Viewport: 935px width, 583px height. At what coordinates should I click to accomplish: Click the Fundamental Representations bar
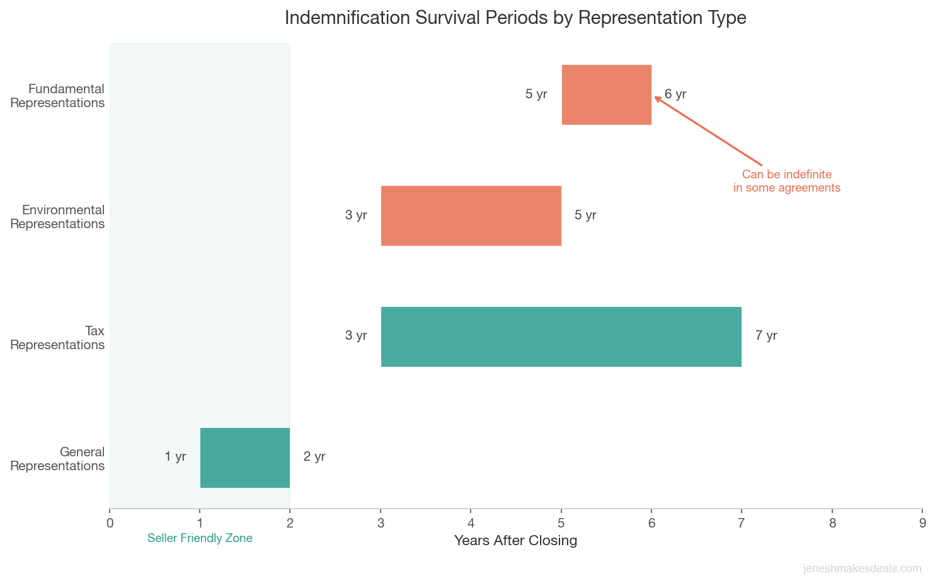[606, 95]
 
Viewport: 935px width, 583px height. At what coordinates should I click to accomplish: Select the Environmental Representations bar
[471, 216]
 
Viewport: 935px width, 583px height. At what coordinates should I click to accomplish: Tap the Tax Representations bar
[561, 337]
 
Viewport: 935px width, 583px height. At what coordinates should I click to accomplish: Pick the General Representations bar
[244, 458]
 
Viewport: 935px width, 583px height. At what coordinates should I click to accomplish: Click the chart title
[515, 18]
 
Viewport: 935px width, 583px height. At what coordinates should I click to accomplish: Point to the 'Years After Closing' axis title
[515, 541]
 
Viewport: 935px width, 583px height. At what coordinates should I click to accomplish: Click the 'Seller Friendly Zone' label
[200, 538]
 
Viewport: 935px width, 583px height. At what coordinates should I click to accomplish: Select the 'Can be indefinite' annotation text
[786, 181]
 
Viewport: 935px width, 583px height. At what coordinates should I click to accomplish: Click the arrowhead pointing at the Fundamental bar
[657, 98]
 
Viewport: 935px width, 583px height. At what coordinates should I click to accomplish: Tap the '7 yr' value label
[766, 336]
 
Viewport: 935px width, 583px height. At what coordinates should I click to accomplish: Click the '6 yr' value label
[675, 95]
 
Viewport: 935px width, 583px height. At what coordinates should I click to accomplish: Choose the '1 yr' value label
[175, 457]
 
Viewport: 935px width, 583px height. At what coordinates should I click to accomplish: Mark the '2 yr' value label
[314, 457]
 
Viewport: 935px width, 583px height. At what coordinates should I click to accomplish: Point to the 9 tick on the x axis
[922, 522]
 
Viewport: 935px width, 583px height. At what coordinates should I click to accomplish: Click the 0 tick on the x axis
[110, 522]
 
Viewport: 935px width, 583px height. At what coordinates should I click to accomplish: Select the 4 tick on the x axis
[471, 522]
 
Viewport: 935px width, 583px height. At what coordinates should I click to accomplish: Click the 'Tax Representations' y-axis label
[57, 338]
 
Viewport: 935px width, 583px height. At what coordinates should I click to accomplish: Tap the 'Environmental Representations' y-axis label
[57, 217]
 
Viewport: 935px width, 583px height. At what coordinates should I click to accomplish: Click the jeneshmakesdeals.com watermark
[861, 569]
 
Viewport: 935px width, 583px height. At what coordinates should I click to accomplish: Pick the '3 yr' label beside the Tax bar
[356, 336]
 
